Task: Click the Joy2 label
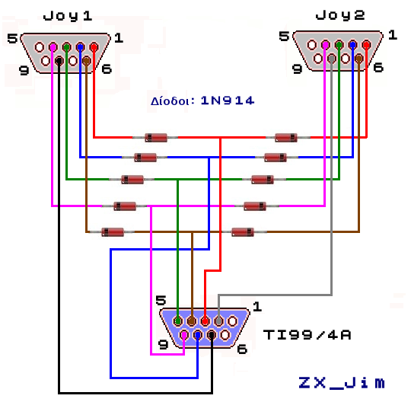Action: (340, 14)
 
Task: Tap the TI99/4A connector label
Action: (307, 334)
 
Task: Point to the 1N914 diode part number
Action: (228, 100)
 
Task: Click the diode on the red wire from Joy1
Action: (156, 138)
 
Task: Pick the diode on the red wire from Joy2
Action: (285, 138)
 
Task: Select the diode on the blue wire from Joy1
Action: (145, 158)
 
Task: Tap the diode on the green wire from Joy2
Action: (262, 180)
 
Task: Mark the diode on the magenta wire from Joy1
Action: (124, 206)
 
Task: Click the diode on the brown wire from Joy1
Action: (112, 231)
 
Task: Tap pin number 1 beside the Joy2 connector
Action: (393, 35)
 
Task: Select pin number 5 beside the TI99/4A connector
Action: (160, 301)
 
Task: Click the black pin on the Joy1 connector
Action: (59, 61)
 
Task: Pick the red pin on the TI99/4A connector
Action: (205, 321)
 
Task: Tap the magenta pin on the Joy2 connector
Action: (325, 45)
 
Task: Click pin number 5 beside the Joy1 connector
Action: (11, 38)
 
